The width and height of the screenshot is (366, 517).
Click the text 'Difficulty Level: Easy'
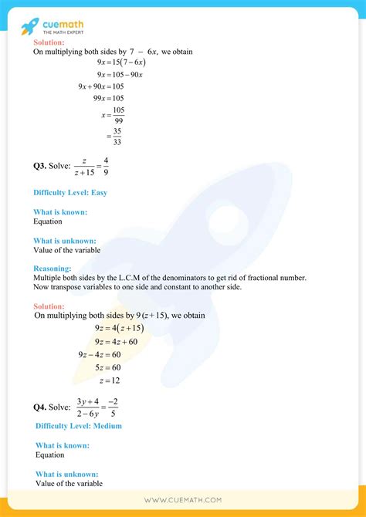69,192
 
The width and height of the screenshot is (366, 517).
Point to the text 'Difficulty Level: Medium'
78,425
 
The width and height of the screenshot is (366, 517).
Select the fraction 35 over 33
117,137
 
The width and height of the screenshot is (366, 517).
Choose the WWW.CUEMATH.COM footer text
182,501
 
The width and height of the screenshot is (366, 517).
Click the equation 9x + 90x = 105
101,86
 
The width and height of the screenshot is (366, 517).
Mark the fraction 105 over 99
118,115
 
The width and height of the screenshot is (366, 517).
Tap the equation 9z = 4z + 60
116,341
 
